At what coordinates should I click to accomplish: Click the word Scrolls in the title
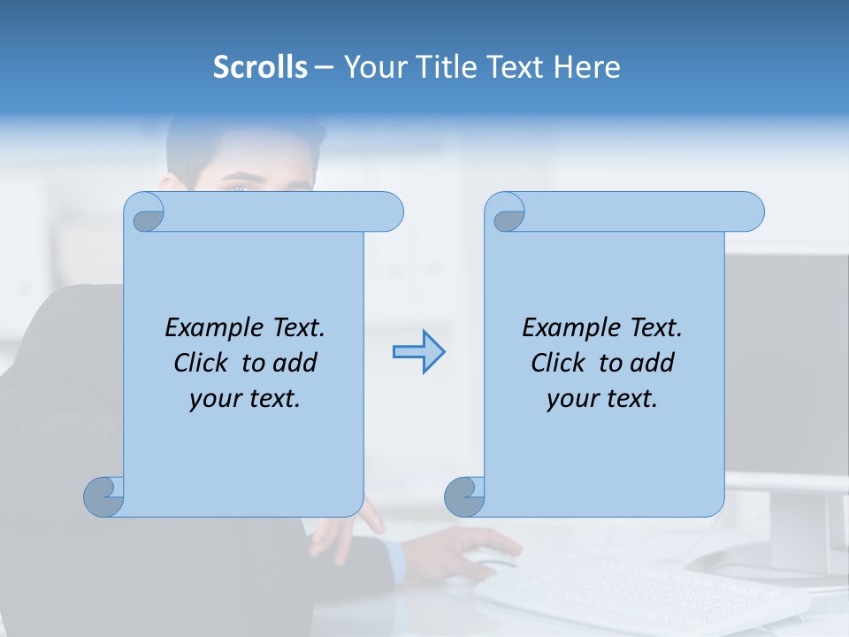[260, 66]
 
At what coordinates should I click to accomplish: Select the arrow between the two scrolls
[418, 352]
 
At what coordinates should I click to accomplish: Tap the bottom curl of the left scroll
[104, 496]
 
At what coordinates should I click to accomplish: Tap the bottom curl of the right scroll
[464, 496]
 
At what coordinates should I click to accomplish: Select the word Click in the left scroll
[203, 363]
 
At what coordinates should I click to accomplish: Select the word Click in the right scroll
[559, 363]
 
